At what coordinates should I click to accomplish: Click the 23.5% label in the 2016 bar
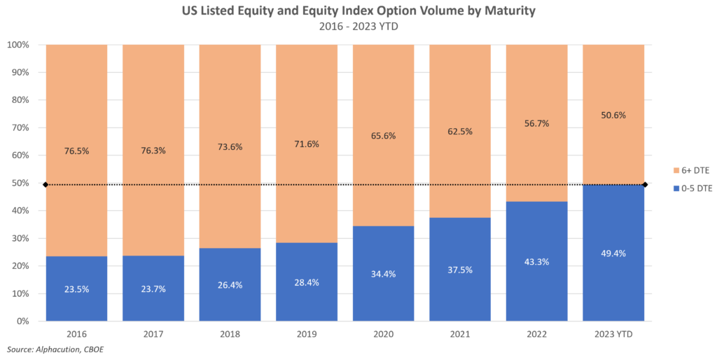point(76,289)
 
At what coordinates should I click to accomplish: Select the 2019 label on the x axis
point(307,334)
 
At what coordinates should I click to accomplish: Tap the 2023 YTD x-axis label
point(613,334)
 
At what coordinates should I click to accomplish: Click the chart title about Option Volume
point(358,11)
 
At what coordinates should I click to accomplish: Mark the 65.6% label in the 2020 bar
point(383,135)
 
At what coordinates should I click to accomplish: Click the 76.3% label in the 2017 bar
point(153,151)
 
